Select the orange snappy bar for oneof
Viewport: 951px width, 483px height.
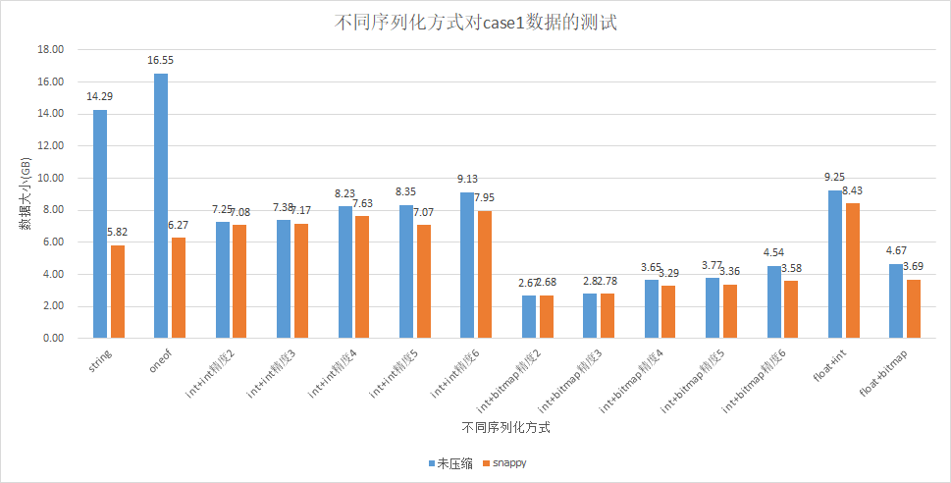(x=178, y=288)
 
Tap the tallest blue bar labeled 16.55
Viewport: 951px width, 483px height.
(x=160, y=206)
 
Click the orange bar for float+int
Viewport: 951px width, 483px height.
(x=853, y=270)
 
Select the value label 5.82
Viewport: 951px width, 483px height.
(x=117, y=233)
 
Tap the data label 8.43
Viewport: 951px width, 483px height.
(x=853, y=190)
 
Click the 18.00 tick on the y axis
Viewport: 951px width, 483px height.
(x=50, y=49)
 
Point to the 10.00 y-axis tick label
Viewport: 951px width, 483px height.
(x=50, y=178)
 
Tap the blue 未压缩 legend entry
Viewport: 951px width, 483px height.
(x=450, y=462)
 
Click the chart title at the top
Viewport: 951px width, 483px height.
(x=475, y=23)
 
